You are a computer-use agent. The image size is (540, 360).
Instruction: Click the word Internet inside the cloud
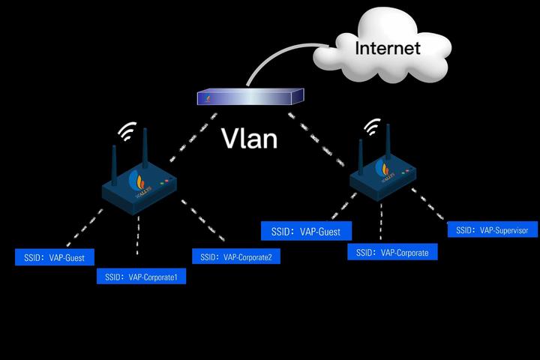pyautogui.click(x=387, y=49)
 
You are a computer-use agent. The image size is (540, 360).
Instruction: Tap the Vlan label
pyautogui.click(x=250, y=138)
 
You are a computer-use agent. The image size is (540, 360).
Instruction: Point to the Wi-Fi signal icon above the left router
pyautogui.click(x=128, y=133)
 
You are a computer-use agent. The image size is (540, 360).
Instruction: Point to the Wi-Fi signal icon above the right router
pyautogui.click(x=371, y=127)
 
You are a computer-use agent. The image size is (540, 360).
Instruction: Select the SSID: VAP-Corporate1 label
pyautogui.click(x=142, y=277)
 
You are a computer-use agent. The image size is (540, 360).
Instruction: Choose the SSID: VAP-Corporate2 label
pyautogui.click(x=236, y=257)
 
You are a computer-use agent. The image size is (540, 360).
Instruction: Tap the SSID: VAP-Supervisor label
pyautogui.click(x=493, y=230)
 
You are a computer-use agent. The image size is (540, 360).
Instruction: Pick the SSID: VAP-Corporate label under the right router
pyautogui.click(x=392, y=253)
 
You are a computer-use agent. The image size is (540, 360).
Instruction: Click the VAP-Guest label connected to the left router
pyautogui.click(x=55, y=258)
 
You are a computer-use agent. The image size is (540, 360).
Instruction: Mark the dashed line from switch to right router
pyautogui.click(x=319, y=139)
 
